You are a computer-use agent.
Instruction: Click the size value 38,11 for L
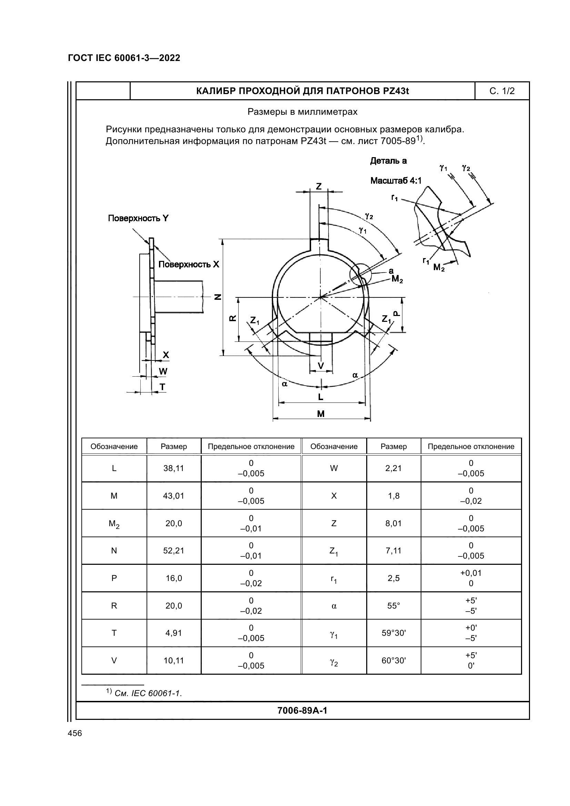(x=173, y=468)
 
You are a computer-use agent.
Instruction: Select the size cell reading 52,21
(x=173, y=551)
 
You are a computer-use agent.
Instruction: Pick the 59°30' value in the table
(x=393, y=633)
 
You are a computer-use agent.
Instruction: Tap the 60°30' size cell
(x=393, y=661)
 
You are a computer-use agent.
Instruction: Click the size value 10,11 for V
(x=173, y=661)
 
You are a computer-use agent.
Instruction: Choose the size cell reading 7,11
(x=393, y=551)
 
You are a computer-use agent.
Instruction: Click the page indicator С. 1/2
(x=502, y=91)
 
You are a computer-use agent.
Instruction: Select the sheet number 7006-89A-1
(x=302, y=711)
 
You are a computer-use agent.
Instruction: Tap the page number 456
(x=75, y=733)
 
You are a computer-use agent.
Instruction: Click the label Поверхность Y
(x=138, y=218)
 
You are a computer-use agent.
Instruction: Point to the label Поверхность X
(x=189, y=264)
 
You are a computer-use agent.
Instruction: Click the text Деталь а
(x=388, y=161)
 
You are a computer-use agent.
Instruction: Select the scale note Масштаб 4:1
(x=396, y=181)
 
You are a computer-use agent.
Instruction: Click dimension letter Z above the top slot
(x=319, y=186)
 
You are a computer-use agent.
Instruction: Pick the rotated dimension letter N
(x=218, y=297)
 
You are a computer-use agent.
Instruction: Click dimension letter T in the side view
(x=162, y=387)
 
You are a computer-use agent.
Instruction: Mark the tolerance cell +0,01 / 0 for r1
(x=471, y=578)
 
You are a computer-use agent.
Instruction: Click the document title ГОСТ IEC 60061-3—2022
(x=124, y=58)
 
